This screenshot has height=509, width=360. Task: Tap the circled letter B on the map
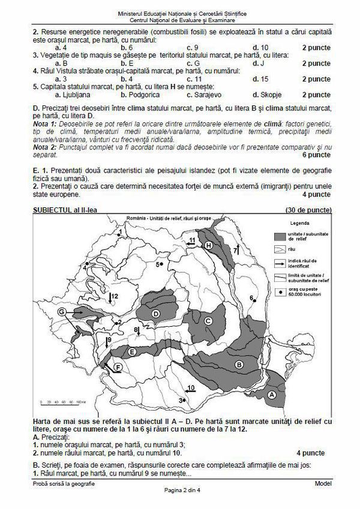pos(238,364)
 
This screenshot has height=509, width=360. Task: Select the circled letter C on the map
pos(208,321)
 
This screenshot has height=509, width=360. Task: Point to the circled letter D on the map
pos(156,314)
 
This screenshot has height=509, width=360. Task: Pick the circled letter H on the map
pos(208,246)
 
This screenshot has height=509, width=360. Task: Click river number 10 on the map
pos(190,388)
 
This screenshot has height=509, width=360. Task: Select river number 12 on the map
pos(114,296)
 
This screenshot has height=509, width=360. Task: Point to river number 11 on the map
pos(191,240)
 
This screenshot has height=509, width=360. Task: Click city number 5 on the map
pos(159,264)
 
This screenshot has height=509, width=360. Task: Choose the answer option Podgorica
pos(139,94)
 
